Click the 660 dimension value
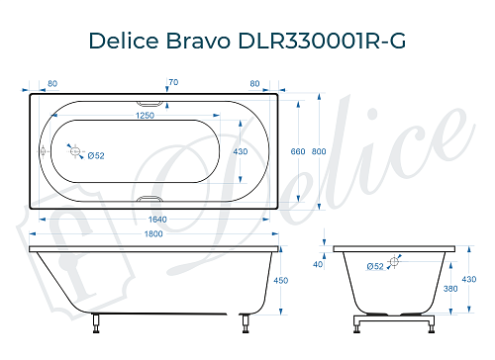click(298, 151)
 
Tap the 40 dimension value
click(318, 264)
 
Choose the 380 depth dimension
click(451, 290)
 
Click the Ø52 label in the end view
click(375, 266)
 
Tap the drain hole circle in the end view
click(395, 262)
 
